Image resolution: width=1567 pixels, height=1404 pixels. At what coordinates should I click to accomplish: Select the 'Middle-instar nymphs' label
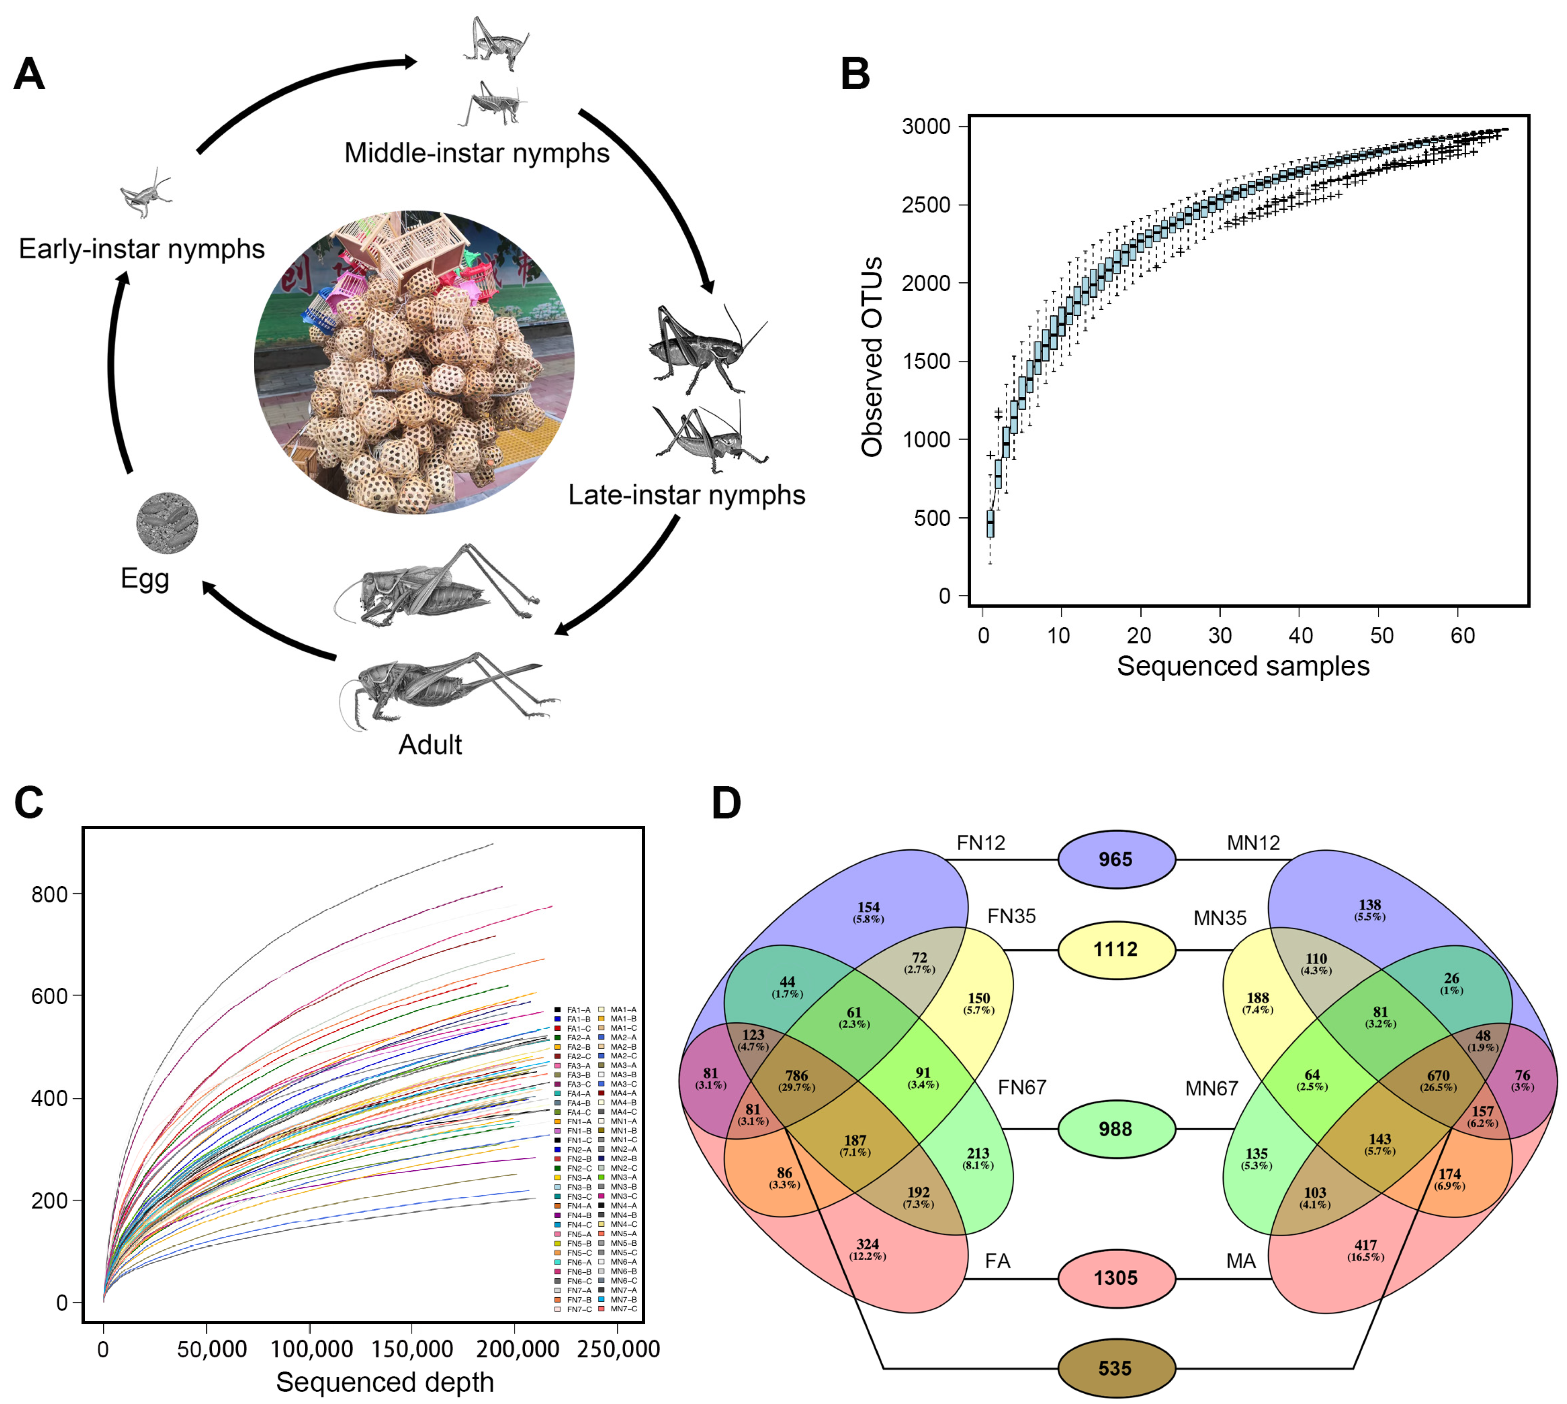point(477,153)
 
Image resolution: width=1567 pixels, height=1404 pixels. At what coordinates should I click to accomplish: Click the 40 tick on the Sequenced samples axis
point(1300,636)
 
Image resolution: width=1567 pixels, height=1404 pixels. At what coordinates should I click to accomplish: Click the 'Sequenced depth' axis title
point(385,1382)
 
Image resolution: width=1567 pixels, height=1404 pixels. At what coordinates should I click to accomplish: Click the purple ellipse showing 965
point(1116,859)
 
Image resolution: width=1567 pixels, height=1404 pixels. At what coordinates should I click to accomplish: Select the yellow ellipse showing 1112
point(1116,950)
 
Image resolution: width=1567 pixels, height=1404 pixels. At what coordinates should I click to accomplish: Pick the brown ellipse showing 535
point(1116,1368)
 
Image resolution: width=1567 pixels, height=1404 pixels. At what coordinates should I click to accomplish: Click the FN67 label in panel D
point(1022,1088)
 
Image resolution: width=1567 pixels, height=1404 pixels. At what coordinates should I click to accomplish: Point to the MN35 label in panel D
point(1220,918)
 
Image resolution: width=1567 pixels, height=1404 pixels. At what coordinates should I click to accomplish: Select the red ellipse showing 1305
point(1116,1278)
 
